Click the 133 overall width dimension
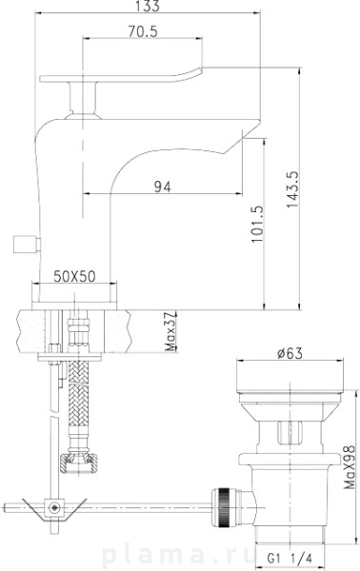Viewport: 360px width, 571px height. (148, 6)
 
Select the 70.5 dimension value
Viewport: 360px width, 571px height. (143, 31)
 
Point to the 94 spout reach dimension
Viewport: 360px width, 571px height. (162, 187)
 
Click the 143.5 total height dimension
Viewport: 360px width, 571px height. (292, 189)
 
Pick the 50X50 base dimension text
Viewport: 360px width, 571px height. (74, 276)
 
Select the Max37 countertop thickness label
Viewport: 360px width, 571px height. (170, 331)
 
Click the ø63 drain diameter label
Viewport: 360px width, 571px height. (290, 352)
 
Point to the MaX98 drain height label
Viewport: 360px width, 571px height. (350, 467)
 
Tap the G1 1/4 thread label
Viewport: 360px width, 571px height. (290, 557)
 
